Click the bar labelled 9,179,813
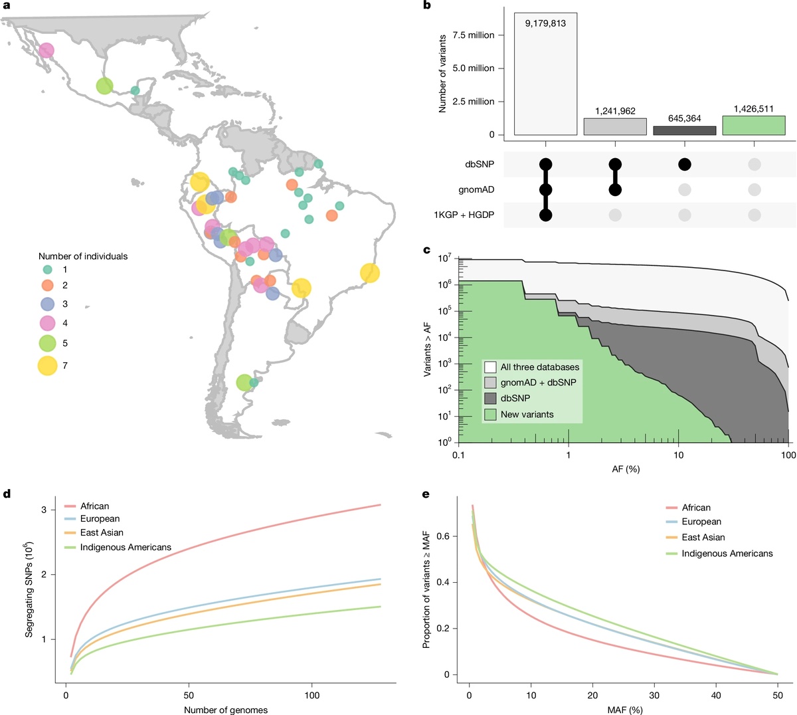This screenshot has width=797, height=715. click(545, 74)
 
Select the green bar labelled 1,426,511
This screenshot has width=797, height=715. click(754, 126)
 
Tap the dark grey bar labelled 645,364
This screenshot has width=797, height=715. click(685, 131)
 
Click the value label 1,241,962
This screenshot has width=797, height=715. click(615, 111)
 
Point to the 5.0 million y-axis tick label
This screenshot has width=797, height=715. click(474, 68)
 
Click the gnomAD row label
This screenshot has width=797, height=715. click(476, 190)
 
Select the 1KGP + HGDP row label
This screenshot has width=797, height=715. click(464, 215)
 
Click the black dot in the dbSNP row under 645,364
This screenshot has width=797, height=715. click(685, 164)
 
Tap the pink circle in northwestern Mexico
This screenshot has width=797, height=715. click(46, 51)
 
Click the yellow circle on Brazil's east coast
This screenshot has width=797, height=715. click(370, 273)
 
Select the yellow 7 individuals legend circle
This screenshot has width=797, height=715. click(47, 365)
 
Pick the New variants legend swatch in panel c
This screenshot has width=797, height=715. click(490, 415)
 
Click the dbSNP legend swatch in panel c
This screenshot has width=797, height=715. click(490, 399)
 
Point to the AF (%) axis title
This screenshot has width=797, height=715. click(626, 469)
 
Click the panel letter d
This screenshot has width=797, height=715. click(7, 494)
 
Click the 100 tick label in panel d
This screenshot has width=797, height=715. click(312, 696)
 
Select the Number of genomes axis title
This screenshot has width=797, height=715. click(226, 710)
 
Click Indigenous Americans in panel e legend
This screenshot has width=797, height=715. click(727, 554)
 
